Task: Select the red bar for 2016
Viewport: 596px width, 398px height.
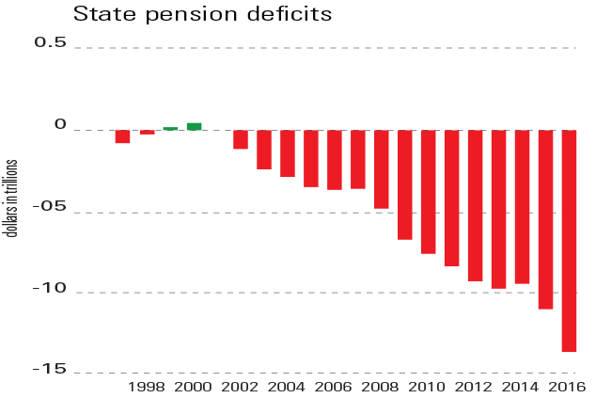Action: coord(569,241)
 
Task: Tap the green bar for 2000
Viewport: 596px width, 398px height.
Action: coord(194,126)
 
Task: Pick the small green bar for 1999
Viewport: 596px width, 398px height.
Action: coord(170,128)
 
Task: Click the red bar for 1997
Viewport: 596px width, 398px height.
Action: coord(122,136)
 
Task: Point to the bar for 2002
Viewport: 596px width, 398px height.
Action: coord(241,139)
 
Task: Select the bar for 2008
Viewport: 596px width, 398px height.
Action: coord(382,169)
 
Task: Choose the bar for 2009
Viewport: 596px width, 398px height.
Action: coord(405,184)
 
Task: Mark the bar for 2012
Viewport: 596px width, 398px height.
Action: coord(476,205)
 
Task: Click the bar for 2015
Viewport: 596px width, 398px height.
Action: coord(545,219)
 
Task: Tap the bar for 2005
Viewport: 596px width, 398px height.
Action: coord(311,158)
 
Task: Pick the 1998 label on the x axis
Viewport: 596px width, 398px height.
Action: coord(146,387)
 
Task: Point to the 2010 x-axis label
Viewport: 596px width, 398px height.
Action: coord(428,387)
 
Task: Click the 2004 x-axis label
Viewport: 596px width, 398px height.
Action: coord(287,387)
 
